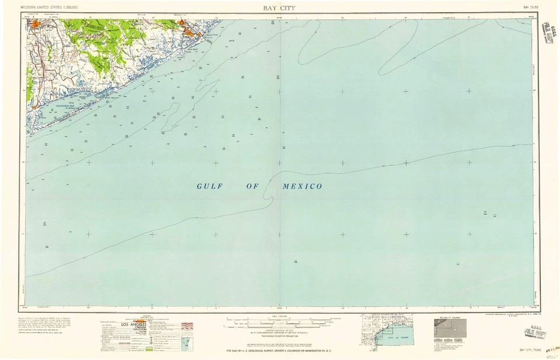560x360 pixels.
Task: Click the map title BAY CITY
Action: [x=279, y=8]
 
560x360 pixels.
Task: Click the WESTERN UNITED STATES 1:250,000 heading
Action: [x=49, y=8]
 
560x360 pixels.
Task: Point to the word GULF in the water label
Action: [x=207, y=186]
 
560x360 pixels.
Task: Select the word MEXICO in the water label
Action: [x=302, y=186]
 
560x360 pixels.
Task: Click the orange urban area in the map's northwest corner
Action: [x=38, y=25]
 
